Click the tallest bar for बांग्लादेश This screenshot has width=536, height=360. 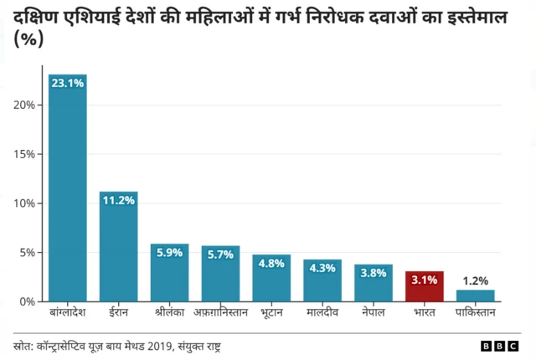coord(67,188)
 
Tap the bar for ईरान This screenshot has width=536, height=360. coord(118,247)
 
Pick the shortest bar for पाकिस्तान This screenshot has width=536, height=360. coord(475,296)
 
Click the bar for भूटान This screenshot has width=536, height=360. coord(271,278)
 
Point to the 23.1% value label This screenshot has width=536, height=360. coord(67,84)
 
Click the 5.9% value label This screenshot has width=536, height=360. coord(169,253)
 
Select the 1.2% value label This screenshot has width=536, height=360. coord(475,281)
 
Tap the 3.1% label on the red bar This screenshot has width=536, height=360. coord(425,280)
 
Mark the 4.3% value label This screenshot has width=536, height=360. coord(322,268)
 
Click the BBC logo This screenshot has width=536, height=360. coord(500,346)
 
